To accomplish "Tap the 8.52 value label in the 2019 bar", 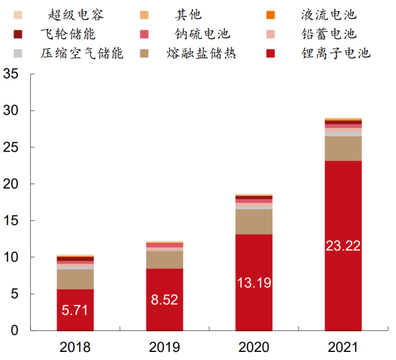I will click(164, 300).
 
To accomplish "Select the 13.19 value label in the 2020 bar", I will click(253, 283).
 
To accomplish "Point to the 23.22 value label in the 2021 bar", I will click(343, 246).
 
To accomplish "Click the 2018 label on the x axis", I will click(75, 347).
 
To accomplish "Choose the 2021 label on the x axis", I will click(343, 347).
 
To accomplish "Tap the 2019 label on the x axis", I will click(164, 347).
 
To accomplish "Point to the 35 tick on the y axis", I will click(12, 74).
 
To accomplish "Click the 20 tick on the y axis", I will click(12, 184).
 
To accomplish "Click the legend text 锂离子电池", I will click(335, 53).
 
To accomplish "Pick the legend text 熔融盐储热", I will click(201, 53).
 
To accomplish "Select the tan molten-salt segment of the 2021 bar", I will click(343, 148).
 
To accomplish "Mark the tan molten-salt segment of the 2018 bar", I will click(75, 280).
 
